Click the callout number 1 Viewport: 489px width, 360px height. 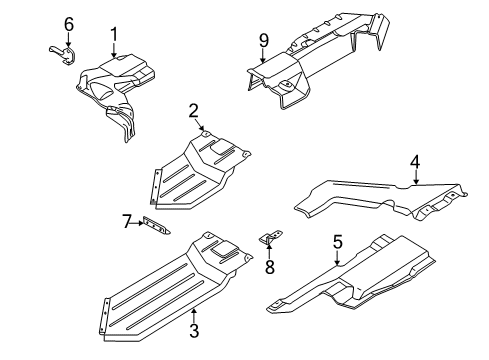[x=114, y=35]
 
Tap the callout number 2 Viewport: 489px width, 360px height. [x=194, y=111]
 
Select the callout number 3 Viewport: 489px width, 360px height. [x=194, y=330]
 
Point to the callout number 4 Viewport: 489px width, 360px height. [x=415, y=162]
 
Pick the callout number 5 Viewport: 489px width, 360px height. [x=338, y=242]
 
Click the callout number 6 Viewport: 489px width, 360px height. [x=69, y=24]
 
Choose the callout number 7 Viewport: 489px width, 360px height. [x=126, y=222]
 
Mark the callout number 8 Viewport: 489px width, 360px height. [x=270, y=267]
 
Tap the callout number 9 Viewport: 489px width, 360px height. [x=263, y=41]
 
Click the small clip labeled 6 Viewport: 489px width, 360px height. [x=64, y=54]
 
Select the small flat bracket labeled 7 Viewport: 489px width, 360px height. [x=156, y=226]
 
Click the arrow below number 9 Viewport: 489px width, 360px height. [x=263, y=56]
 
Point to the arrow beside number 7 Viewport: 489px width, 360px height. [x=138, y=223]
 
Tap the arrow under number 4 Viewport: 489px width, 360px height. [x=416, y=177]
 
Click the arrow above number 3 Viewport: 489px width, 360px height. [x=194, y=316]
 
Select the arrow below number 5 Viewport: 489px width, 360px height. [x=337, y=257]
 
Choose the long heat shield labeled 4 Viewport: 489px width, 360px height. [x=380, y=200]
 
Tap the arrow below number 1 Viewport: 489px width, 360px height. [x=114, y=50]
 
